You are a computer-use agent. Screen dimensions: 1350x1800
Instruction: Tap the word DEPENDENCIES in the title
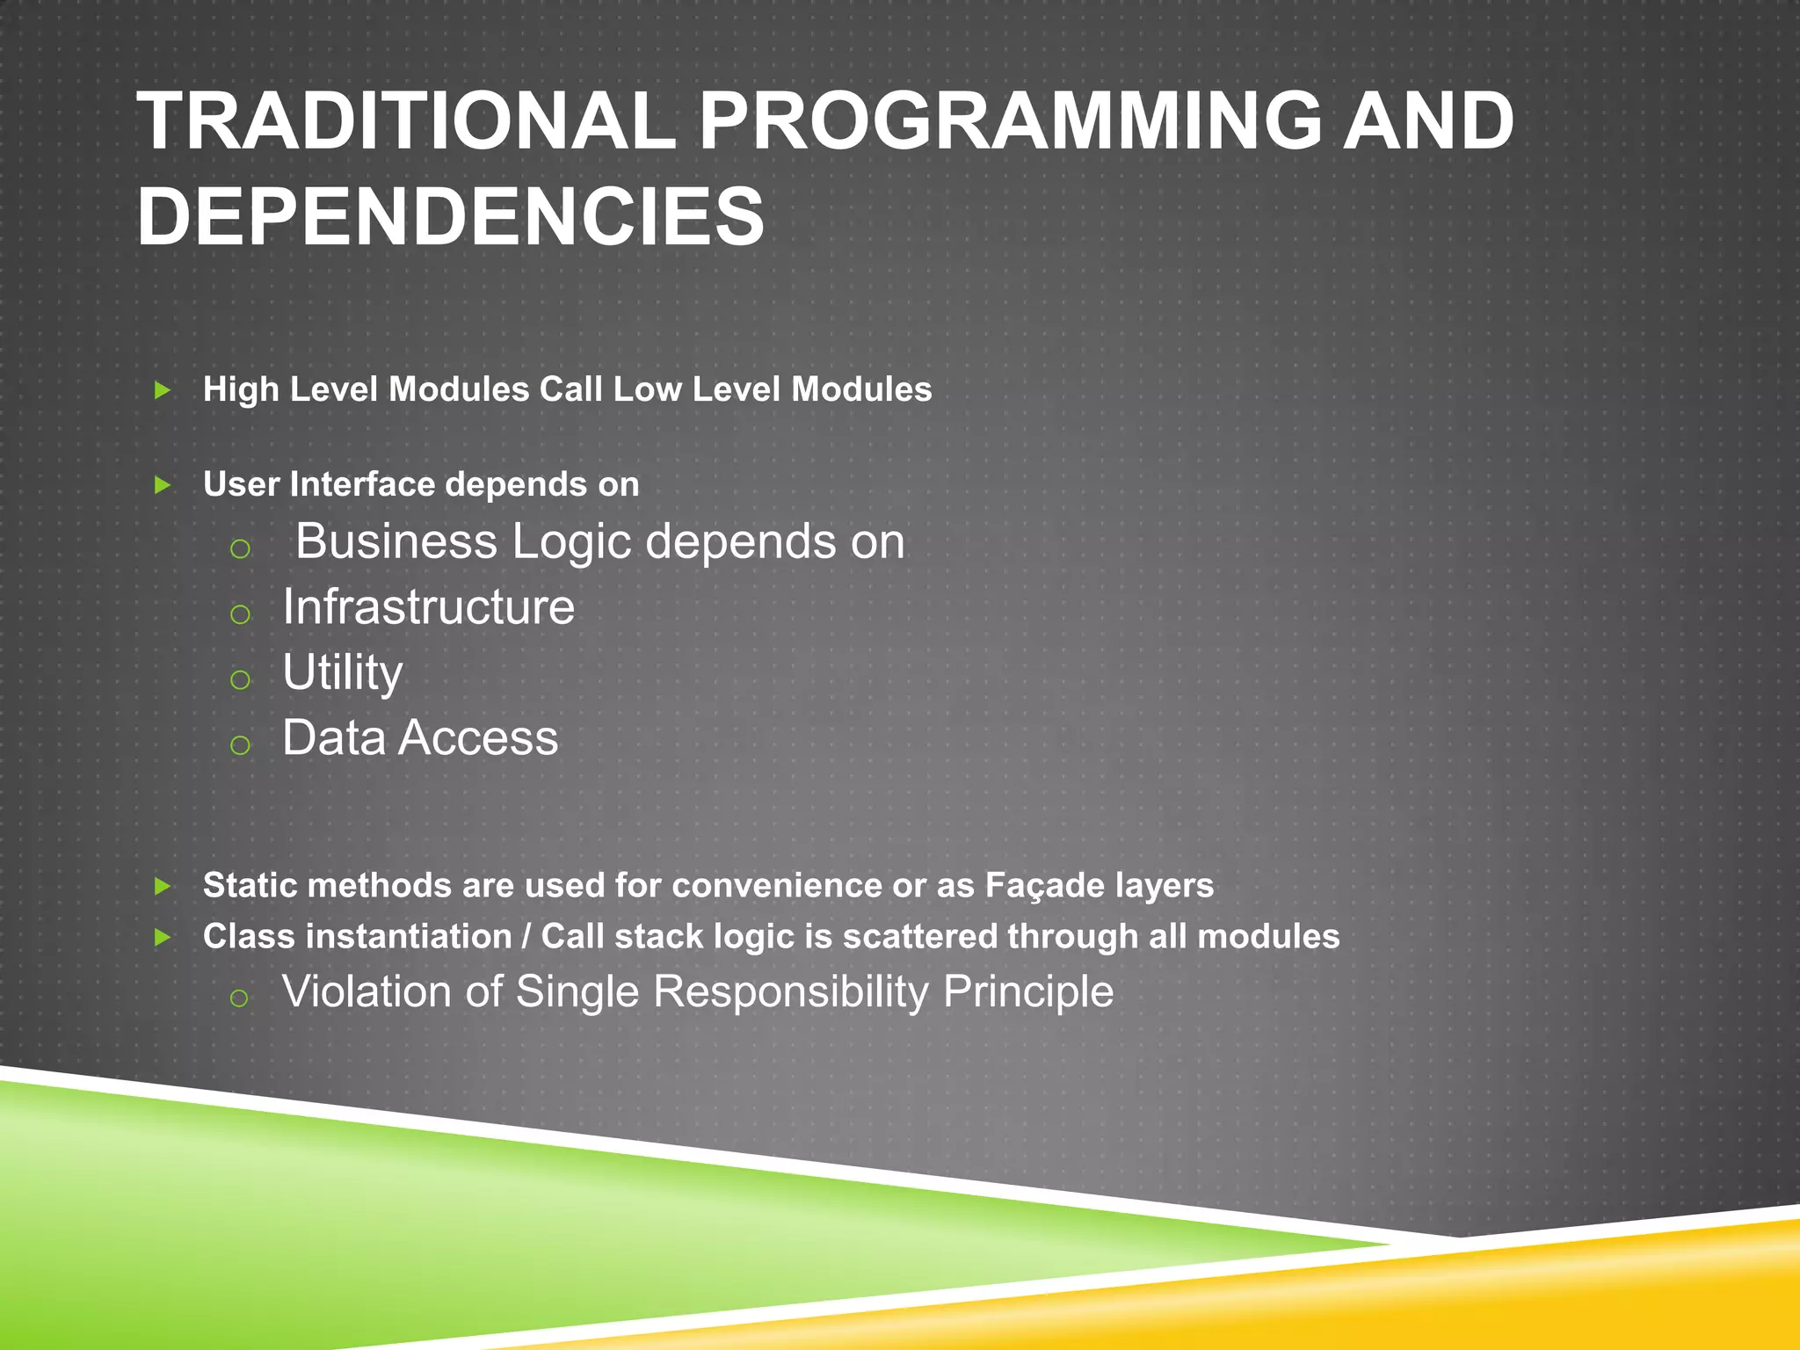[x=450, y=217]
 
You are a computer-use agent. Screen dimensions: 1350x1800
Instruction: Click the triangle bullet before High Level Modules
[x=163, y=389]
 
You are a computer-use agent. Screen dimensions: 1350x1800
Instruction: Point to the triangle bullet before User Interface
[x=163, y=484]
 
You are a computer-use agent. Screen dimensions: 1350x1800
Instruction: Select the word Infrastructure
[x=428, y=607]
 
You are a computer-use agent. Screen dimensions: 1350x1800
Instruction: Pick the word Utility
[x=342, y=672]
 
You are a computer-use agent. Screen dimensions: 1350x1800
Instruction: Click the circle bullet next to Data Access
[x=240, y=745]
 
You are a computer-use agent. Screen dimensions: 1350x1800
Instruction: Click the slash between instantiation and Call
[x=526, y=937]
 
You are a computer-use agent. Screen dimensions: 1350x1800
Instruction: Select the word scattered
[x=920, y=937]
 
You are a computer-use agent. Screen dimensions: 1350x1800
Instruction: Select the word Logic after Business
[x=571, y=541]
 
